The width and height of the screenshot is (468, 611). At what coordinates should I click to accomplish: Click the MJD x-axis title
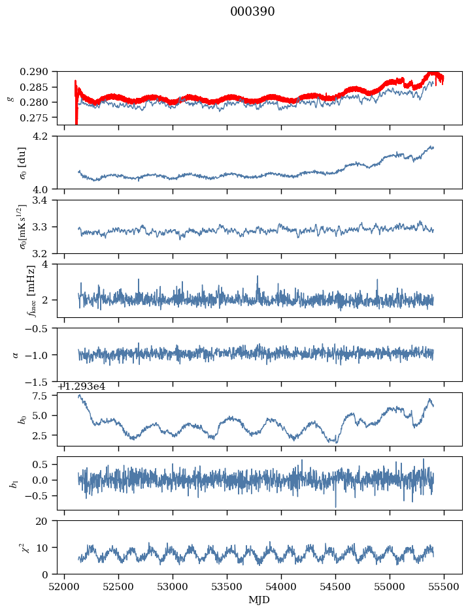click(x=259, y=599)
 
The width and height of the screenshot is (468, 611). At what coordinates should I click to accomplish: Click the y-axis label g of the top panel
click(x=9, y=98)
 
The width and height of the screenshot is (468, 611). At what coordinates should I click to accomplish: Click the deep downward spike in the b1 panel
click(x=336, y=506)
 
